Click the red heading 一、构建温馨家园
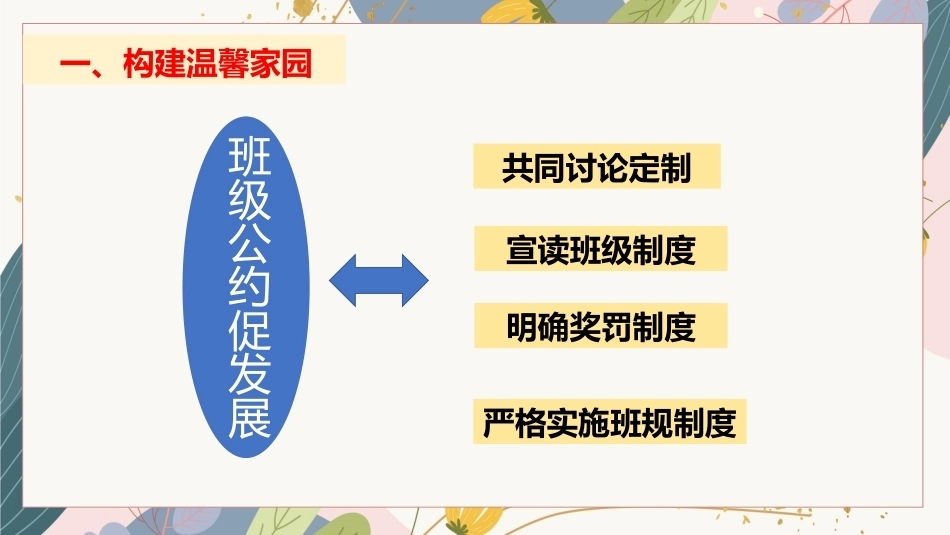click(186, 63)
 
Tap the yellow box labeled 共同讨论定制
click(597, 167)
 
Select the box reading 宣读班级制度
click(600, 249)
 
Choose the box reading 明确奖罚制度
click(600, 326)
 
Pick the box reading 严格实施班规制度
click(610, 422)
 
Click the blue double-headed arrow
click(379, 281)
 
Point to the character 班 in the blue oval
click(250, 156)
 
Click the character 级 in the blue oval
click(250, 199)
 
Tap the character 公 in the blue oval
click(250, 243)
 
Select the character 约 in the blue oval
click(250, 287)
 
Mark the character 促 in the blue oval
click(250, 331)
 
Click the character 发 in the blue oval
click(250, 374)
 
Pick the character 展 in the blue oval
click(250, 418)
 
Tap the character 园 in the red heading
click(296, 63)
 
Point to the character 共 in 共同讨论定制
click(517, 168)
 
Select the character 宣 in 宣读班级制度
click(522, 250)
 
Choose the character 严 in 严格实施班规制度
click(499, 423)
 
